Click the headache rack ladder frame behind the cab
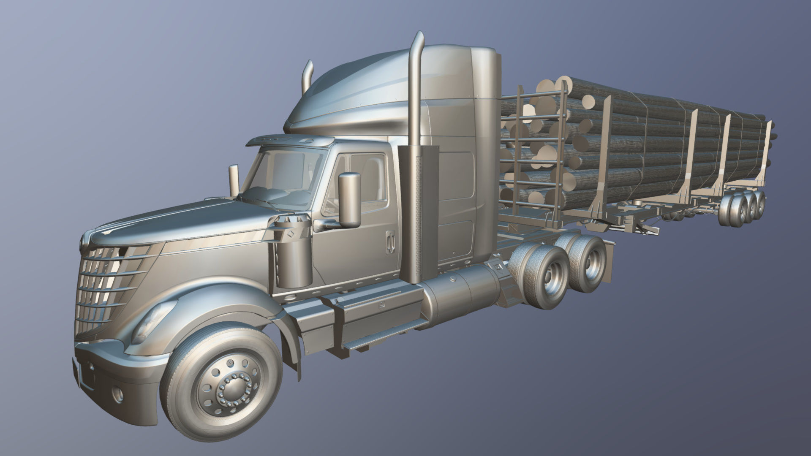(532, 152)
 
